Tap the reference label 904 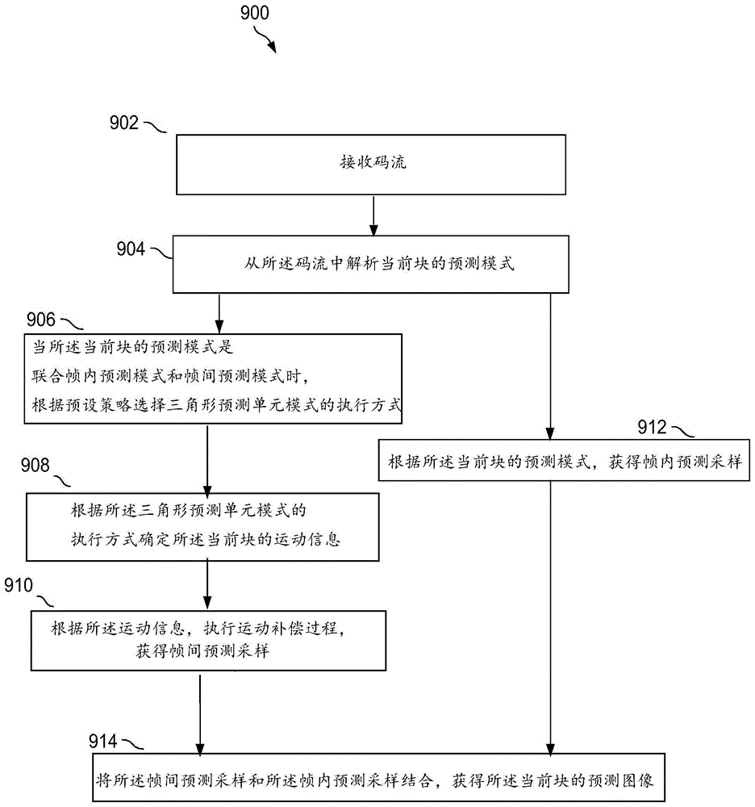[x=129, y=249]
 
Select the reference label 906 [x=43, y=320]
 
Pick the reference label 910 [x=19, y=584]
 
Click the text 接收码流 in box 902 [x=372, y=163]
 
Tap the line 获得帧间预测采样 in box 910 [x=203, y=652]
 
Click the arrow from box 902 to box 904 [x=372, y=215]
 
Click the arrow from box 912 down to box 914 [x=551, y=613]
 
